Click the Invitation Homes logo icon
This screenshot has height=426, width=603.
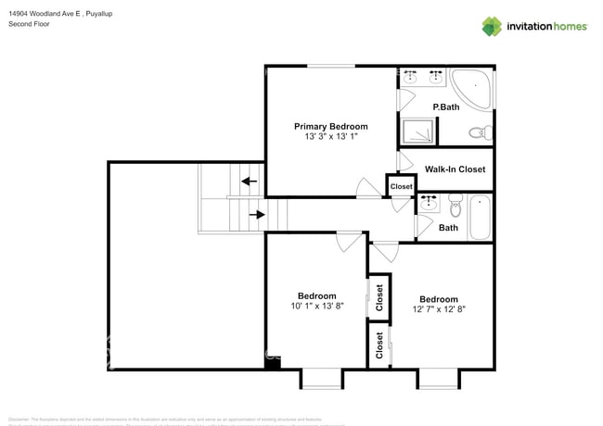pos(492,26)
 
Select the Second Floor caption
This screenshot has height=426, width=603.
pos(29,24)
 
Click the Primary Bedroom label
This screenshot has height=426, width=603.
pos(331,126)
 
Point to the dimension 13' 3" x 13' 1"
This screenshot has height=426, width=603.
pos(331,137)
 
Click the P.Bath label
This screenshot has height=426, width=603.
pos(446,107)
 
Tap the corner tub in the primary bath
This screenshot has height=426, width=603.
pos(473,85)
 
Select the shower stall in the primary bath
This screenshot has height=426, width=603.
pos(418,132)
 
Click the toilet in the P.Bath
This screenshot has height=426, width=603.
pos(479,133)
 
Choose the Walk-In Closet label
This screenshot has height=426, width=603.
pos(455,169)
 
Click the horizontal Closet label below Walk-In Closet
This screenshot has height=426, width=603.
pos(401,186)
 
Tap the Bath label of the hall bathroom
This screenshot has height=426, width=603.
pos(448,228)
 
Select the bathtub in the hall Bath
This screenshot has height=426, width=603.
pos(481,217)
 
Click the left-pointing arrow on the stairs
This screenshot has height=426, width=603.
pos(248,182)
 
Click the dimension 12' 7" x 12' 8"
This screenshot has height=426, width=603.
pos(438,309)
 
